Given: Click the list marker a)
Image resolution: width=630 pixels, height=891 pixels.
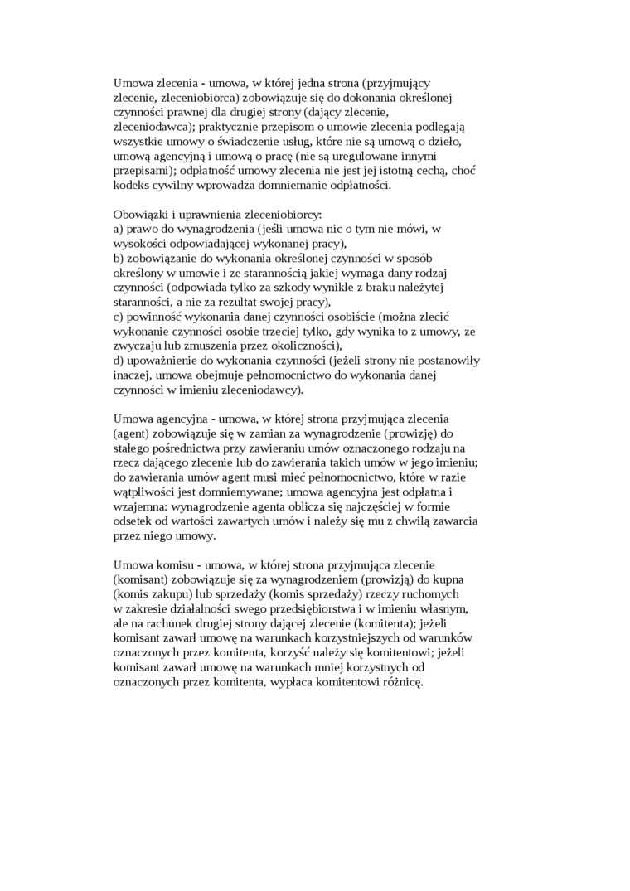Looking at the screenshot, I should coord(119,229).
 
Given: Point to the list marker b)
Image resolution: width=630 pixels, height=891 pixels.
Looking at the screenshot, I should coord(119,259).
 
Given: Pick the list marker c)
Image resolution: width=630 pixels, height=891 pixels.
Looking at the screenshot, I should coord(119,317).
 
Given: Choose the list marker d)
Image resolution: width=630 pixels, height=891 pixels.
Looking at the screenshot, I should coord(119,361).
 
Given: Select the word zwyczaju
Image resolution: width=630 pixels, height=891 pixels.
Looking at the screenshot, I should coord(138,346).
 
